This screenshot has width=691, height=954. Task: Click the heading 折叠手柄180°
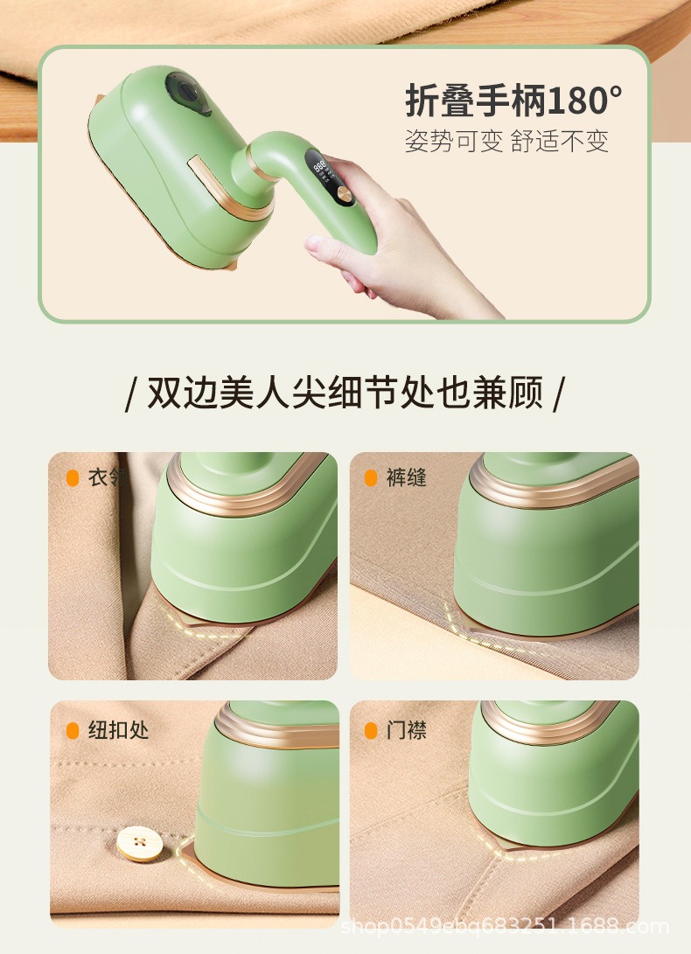click(513, 101)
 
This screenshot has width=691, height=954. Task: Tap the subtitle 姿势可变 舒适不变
click(506, 141)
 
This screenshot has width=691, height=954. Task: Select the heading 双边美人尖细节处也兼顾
click(345, 393)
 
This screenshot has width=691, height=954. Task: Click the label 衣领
click(106, 477)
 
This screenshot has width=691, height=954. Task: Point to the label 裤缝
click(406, 477)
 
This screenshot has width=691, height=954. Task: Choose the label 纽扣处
click(118, 730)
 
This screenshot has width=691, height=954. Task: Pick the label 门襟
click(406, 730)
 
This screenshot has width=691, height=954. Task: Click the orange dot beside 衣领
click(73, 478)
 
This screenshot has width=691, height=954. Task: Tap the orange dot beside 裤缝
click(371, 478)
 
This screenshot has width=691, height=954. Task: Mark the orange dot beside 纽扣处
click(73, 731)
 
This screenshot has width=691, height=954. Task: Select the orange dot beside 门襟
click(371, 731)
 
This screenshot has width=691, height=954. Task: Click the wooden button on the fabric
click(140, 843)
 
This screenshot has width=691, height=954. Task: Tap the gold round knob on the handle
click(345, 197)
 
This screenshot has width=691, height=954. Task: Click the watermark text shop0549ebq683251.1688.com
click(505, 927)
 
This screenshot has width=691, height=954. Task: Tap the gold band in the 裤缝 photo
click(554, 483)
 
